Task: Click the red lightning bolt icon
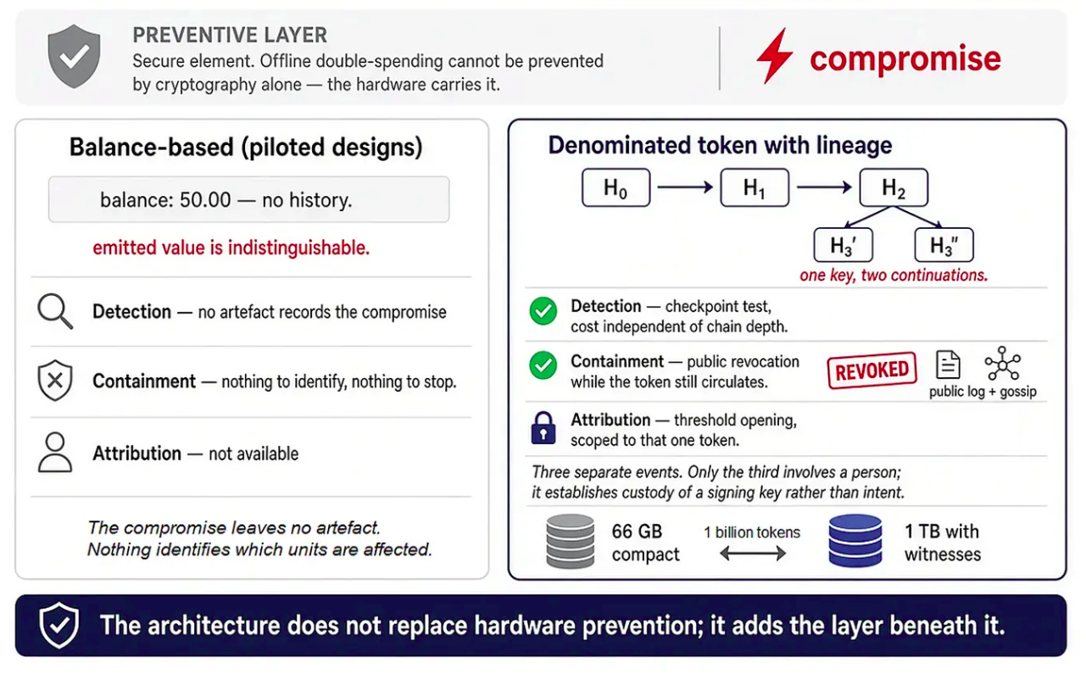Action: pyautogui.click(x=774, y=56)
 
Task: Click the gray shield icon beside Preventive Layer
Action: pyautogui.click(x=74, y=56)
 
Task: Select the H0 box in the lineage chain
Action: pyautogui.click(x=615, y=187)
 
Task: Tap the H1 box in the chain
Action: pyautogui.click(x=755, y=187)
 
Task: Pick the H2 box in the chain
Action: pyautogui.click(x=894, y=187)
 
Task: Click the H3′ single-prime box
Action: pyautogui.click(x=843, y=245)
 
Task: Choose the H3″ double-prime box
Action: pyautogui.click(x=944, y=245)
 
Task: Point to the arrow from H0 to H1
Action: pyautogui.click(x=685, y=187)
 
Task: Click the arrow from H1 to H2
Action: pyautogui.click(x=824, y=187)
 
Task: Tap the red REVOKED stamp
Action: pyautogui.click(x=872, y=371)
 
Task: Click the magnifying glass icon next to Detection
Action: pyautogui.click(x=55, y=311)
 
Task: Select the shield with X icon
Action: pyautogui.click(x=55, y=380)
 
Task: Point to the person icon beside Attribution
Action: pyautogui.click(x=55, y=453)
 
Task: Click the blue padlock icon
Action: pyautogui.click(x=543, y=428)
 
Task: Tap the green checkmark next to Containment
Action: pyautogui.click(x=543, y=365)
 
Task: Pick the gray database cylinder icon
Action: pyautogui.click(x=571, y=541)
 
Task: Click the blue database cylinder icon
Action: pyautogui.click(x=855, y=541)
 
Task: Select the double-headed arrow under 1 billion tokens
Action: pyautogui.click(x=753, y=554)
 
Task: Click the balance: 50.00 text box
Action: pyautogui.click(x=248, y=199)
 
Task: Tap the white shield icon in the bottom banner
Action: pyautogui.click(x=59, y=626)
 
